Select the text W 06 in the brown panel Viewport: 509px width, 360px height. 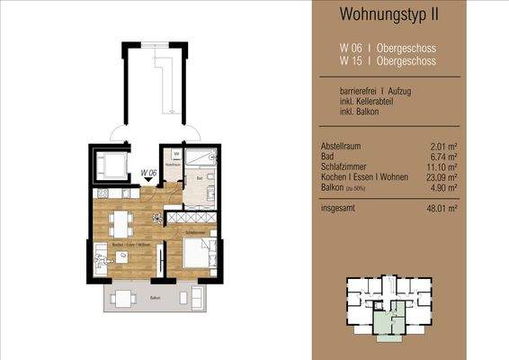point(350,48)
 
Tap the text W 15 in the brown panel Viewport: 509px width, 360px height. point(350,61)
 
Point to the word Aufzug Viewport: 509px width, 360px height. point(399,92)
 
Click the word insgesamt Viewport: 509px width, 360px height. point(340,208)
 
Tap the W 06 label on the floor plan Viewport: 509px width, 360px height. point(149,172)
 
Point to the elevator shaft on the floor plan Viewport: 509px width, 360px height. point(114,164)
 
